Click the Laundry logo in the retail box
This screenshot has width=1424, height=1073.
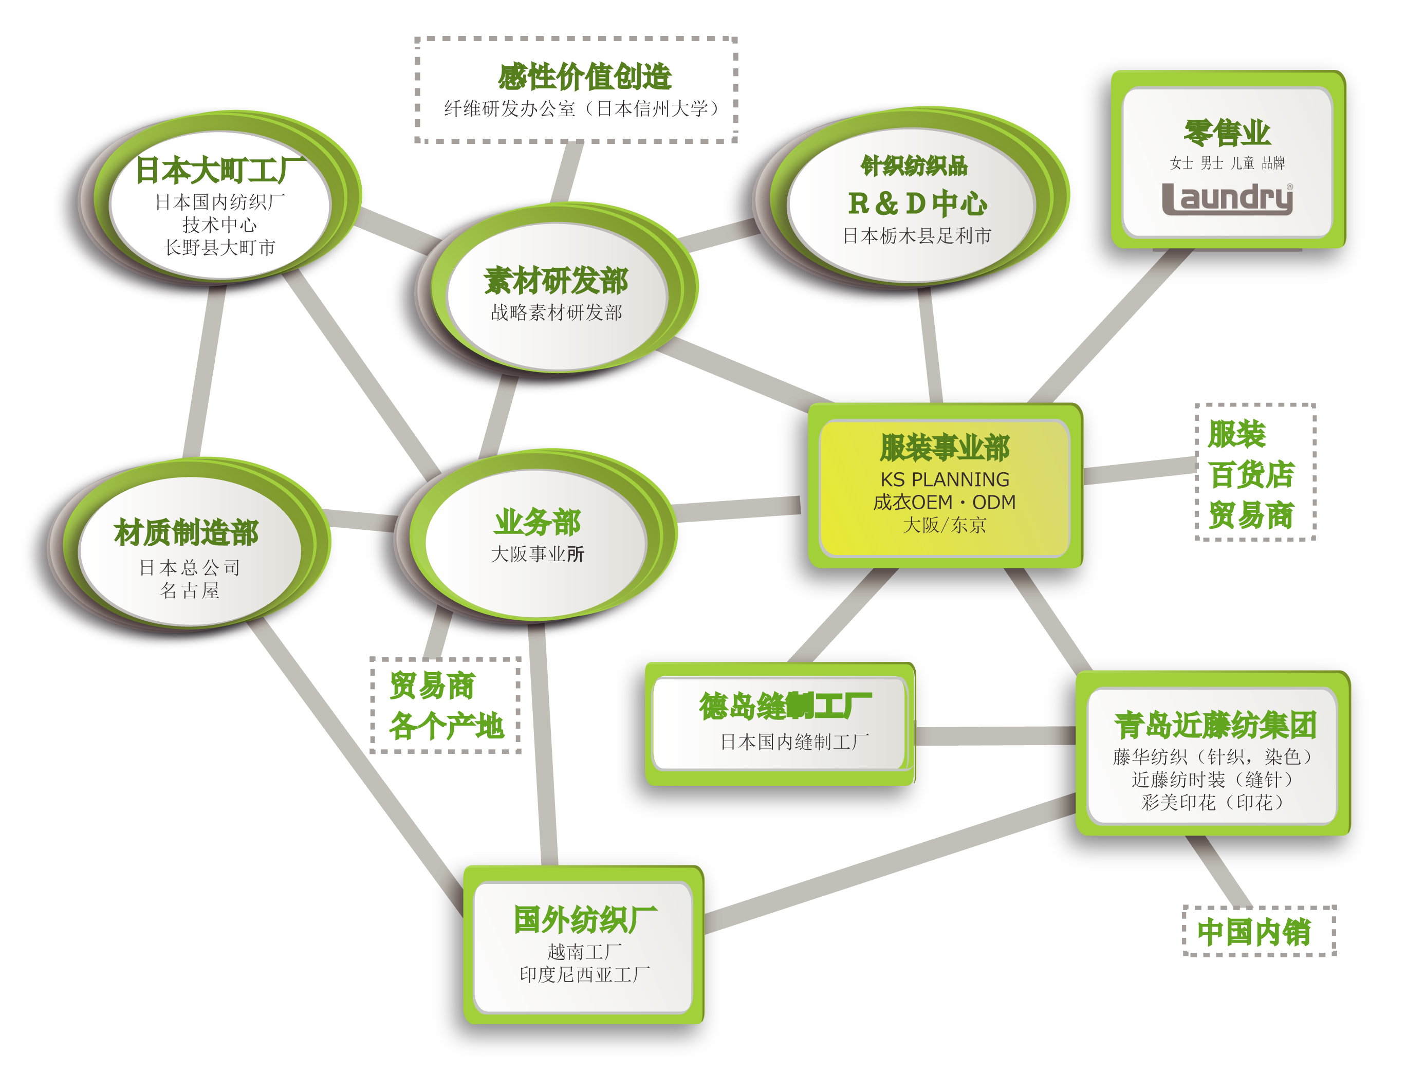click(x=1227, y=198)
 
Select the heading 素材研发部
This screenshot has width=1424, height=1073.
click(x=556, y=281)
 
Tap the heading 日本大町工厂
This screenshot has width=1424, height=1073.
click(x=220, y=170)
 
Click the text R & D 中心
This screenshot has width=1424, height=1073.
click(x=917, y=203)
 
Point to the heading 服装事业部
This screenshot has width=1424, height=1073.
click(x=945, y=448)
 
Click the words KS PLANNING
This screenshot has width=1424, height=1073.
click(x=945, y=479)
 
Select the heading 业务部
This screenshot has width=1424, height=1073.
click(x=537, y=522)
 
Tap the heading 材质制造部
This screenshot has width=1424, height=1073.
click(x=186, y=533)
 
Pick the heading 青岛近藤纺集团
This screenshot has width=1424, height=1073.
click(x=1215, y=726)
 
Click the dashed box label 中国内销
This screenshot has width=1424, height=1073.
click(x=1253, y=932)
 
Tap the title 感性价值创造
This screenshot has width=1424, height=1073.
click(x=584, y=77)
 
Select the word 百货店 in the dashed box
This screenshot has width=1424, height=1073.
click(x=1251, y=475)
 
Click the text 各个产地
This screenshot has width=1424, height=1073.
click(x=446, y=726)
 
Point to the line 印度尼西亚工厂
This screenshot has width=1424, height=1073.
click(x=584, y=974)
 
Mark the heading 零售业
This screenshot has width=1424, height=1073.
click(x=1227, y=133)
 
